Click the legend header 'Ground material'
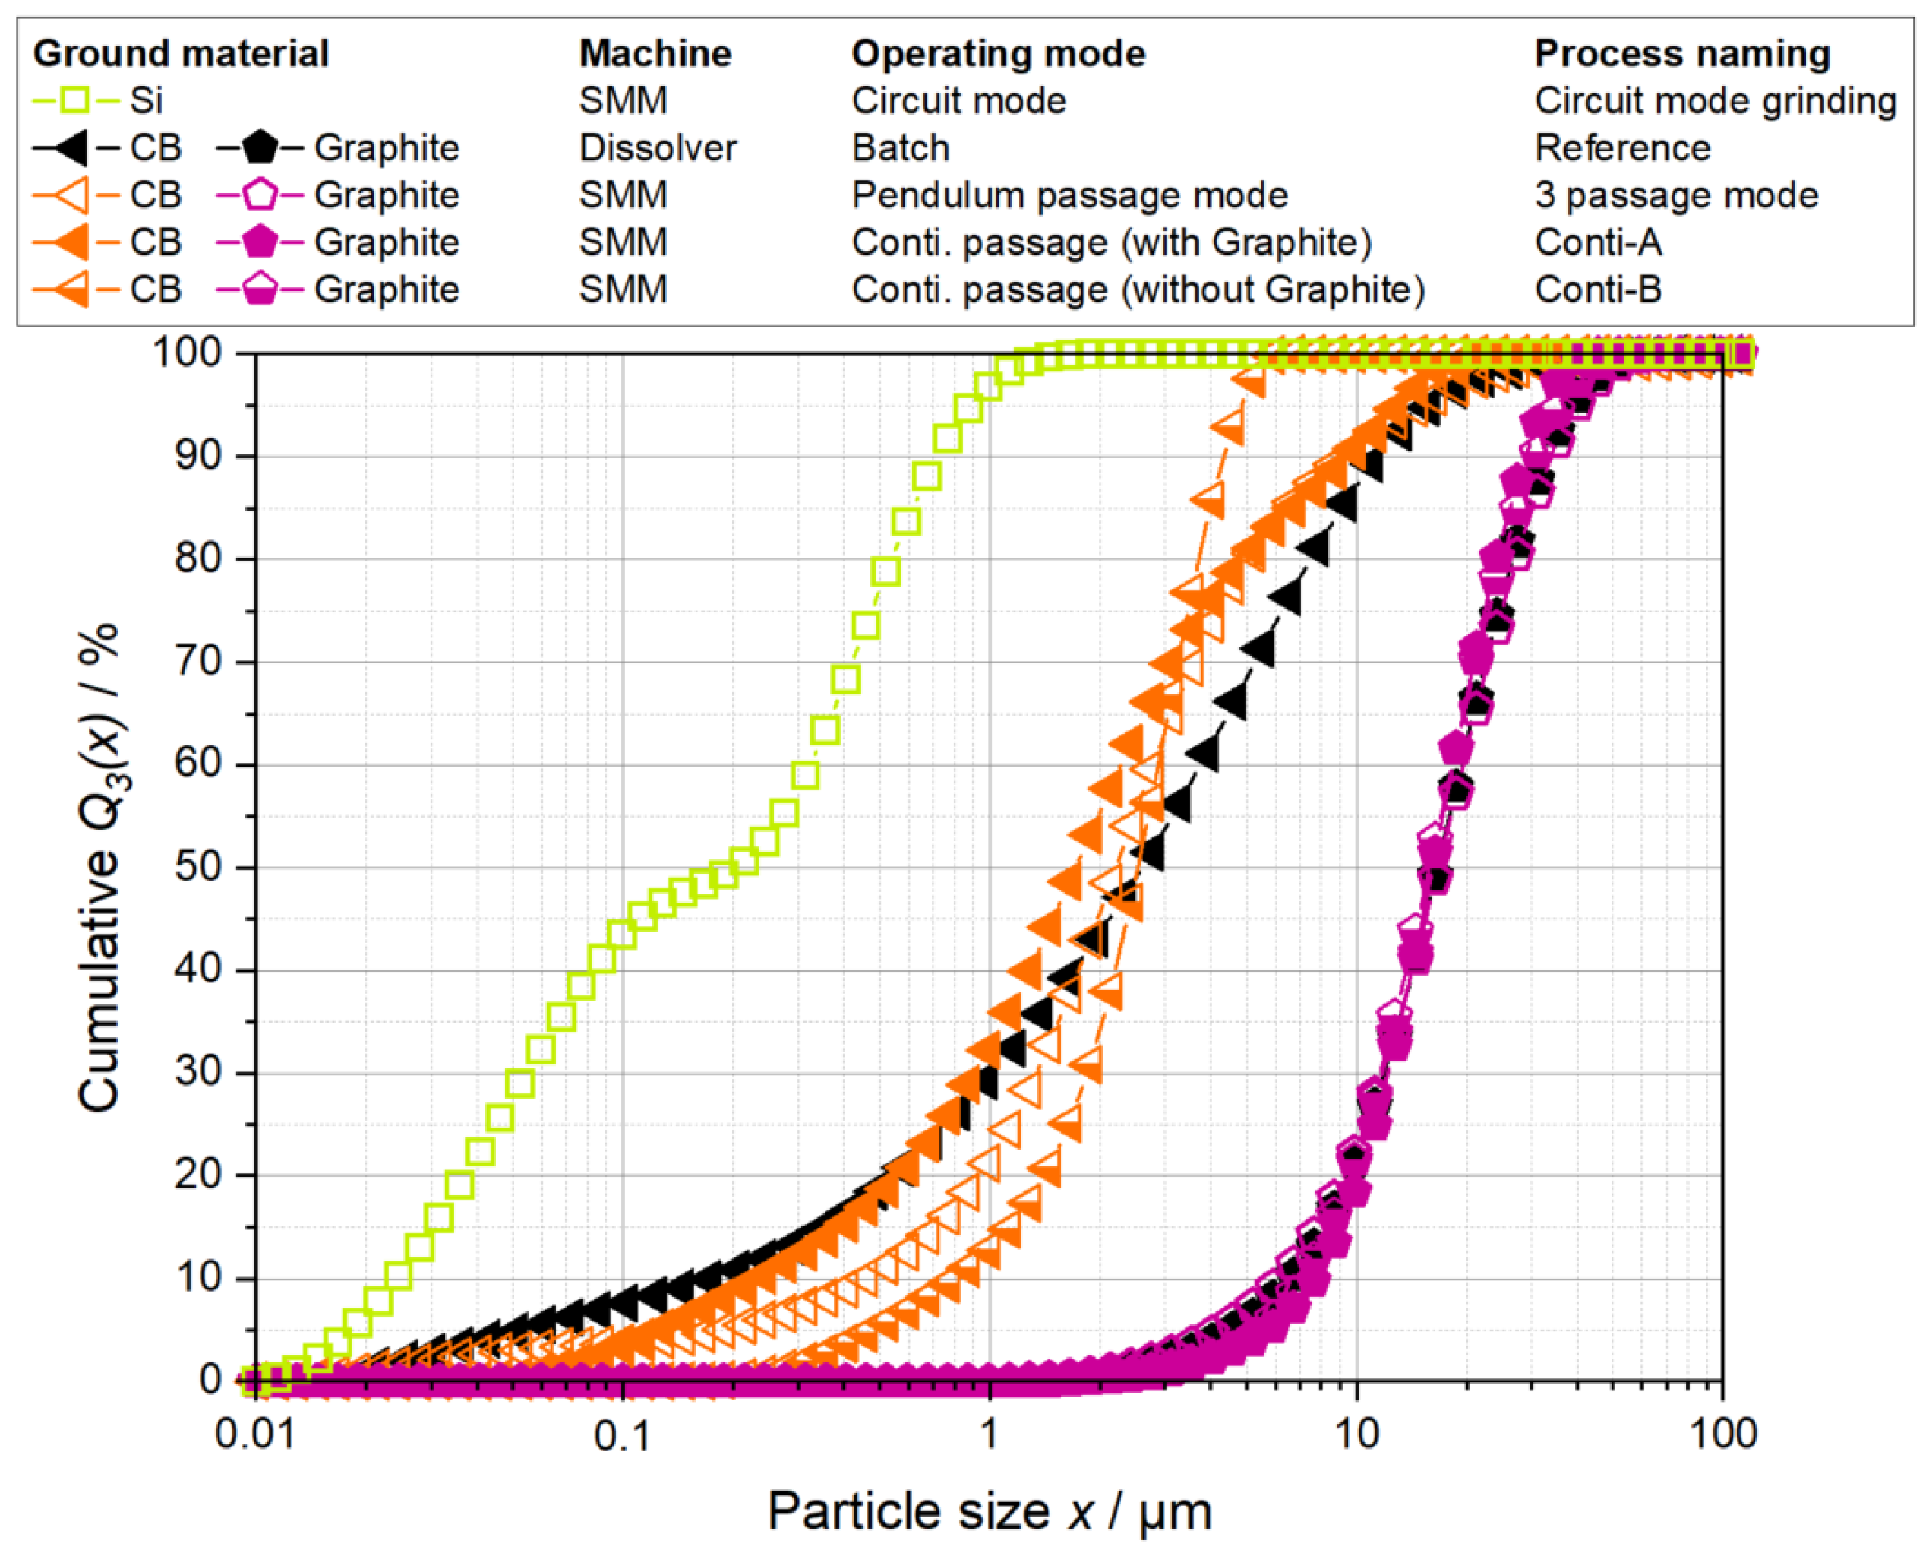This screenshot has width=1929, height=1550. coord(181,54)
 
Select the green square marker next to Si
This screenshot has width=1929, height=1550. coord(76,100)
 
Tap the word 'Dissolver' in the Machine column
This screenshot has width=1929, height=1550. coord(658,147)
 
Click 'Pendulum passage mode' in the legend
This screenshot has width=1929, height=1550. coord(1069,195)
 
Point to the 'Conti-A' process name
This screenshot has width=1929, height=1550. coord(1598,242)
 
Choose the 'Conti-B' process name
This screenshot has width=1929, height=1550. coord(1598,290)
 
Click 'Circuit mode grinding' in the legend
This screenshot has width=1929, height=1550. coord(1715,100)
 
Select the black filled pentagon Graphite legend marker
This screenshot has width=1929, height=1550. coord(260,147)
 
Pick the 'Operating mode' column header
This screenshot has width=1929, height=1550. coord(998,54)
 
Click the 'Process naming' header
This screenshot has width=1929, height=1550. coord(1682,54)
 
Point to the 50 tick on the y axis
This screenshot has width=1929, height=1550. coord(199,867)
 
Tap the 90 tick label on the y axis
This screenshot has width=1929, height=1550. coord(199,456)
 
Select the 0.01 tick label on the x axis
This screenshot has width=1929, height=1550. coord(255,1434)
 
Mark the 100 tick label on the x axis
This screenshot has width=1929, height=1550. coord(1722,1434)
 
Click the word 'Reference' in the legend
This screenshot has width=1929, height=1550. coord(1622,147)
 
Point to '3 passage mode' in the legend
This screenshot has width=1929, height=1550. coord(1676,195)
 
